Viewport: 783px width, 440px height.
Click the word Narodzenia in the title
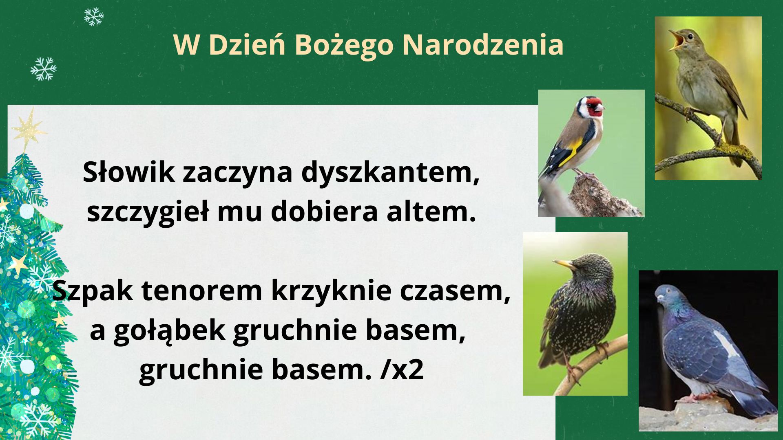pyautogui.click(x=483, y=44)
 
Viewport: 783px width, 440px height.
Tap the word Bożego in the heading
pyautogui.click(x=343, y=45)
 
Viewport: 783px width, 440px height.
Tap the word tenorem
pyautogui.click(x=201, y=291)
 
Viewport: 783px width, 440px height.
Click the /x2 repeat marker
pyautogui.click(x=402, y=370)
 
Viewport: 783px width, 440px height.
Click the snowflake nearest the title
pyautogui.click(x=94, y=17)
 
